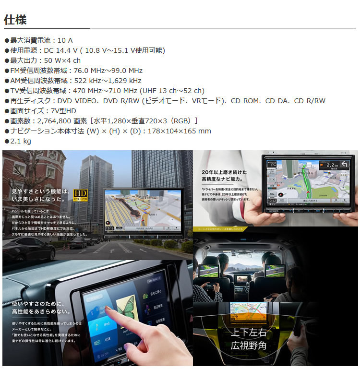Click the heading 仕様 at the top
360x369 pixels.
15,20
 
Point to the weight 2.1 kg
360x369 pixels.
20,141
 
